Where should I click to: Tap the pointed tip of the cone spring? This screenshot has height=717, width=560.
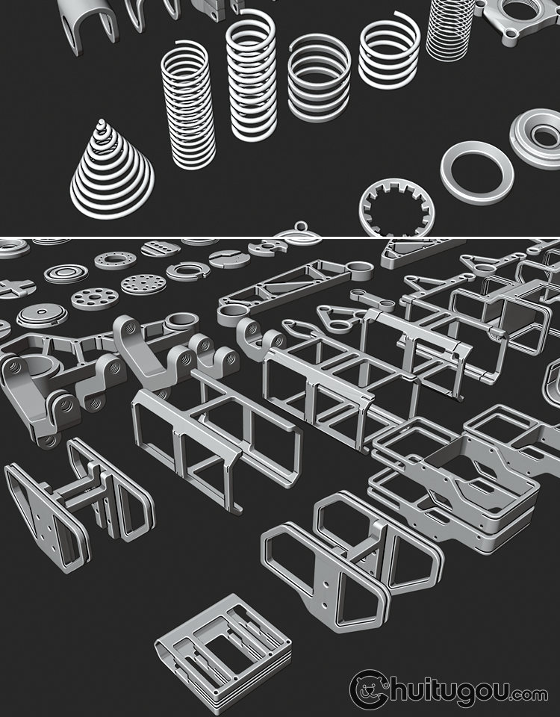point(102,121)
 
